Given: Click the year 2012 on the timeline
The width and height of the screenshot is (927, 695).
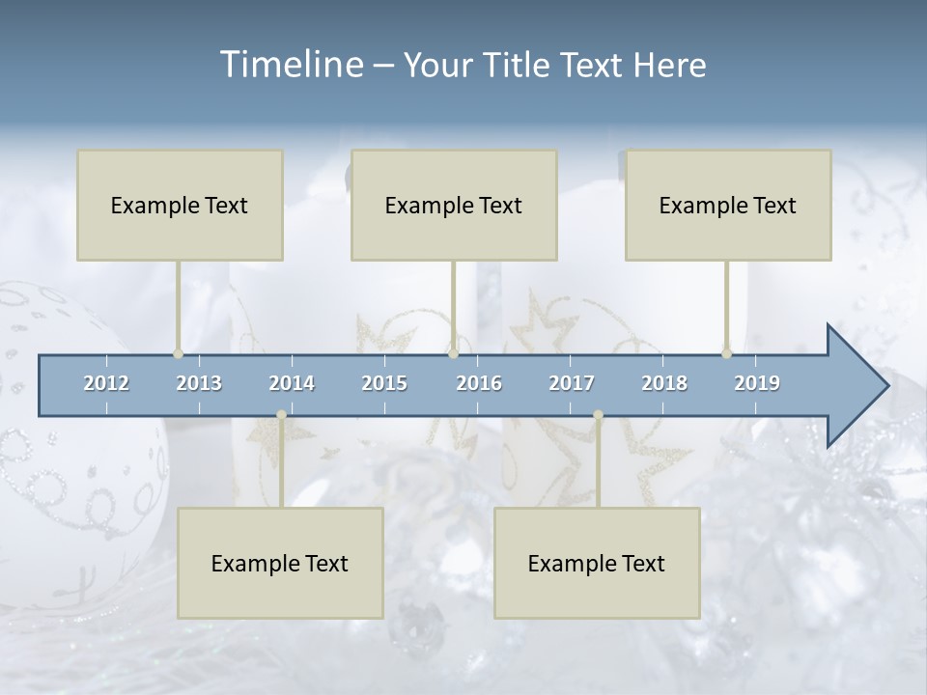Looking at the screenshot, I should [x=106, y=383].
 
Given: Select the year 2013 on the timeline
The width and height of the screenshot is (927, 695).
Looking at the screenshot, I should [x=199, y=383].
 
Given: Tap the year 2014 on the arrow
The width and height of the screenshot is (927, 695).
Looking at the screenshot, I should [x=292, y=383].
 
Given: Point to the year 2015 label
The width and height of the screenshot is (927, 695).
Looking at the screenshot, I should [x=384, y=383].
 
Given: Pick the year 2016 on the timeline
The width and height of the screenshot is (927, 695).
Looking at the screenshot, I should [x=479, y=383].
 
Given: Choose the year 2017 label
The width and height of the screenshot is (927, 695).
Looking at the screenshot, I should [x=572, y=383].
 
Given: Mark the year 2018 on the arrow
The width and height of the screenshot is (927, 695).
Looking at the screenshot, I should [x=664, y=383].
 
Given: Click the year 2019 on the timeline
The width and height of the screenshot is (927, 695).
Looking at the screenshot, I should [x=757, y=383].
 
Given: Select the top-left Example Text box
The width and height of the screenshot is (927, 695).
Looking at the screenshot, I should [x=180, y=205].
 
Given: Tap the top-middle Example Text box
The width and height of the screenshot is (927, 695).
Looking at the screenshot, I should [x=454, y=205].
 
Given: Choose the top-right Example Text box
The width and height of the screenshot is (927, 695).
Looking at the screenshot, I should [x=728, y=205].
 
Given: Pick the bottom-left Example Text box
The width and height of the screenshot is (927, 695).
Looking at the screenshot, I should [x=280, y=563].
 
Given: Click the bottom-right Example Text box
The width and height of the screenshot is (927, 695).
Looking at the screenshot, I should [x=597, y=563].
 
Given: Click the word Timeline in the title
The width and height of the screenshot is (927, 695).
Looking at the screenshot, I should [x=290, y=65].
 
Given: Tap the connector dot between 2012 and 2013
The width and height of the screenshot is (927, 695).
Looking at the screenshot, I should [x=178, y=353].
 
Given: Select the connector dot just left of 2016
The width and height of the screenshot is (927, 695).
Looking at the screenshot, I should [x=453, y=353].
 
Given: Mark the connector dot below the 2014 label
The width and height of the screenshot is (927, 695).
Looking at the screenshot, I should [x=281, y=414].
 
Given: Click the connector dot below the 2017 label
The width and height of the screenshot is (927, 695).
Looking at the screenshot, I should [x=598, y=414].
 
